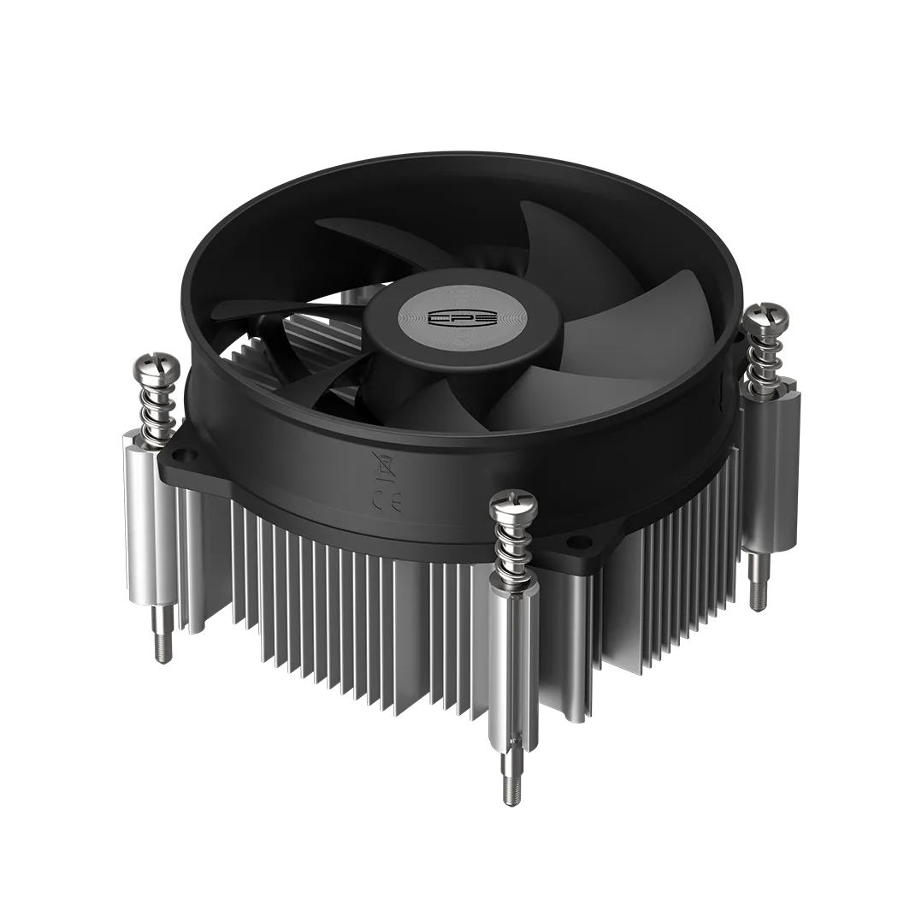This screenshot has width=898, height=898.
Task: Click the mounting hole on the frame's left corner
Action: point(180,448)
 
